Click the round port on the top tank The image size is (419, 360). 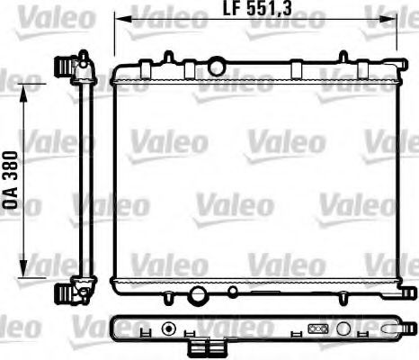(217, 65)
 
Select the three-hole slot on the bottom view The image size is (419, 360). (316, 329)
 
